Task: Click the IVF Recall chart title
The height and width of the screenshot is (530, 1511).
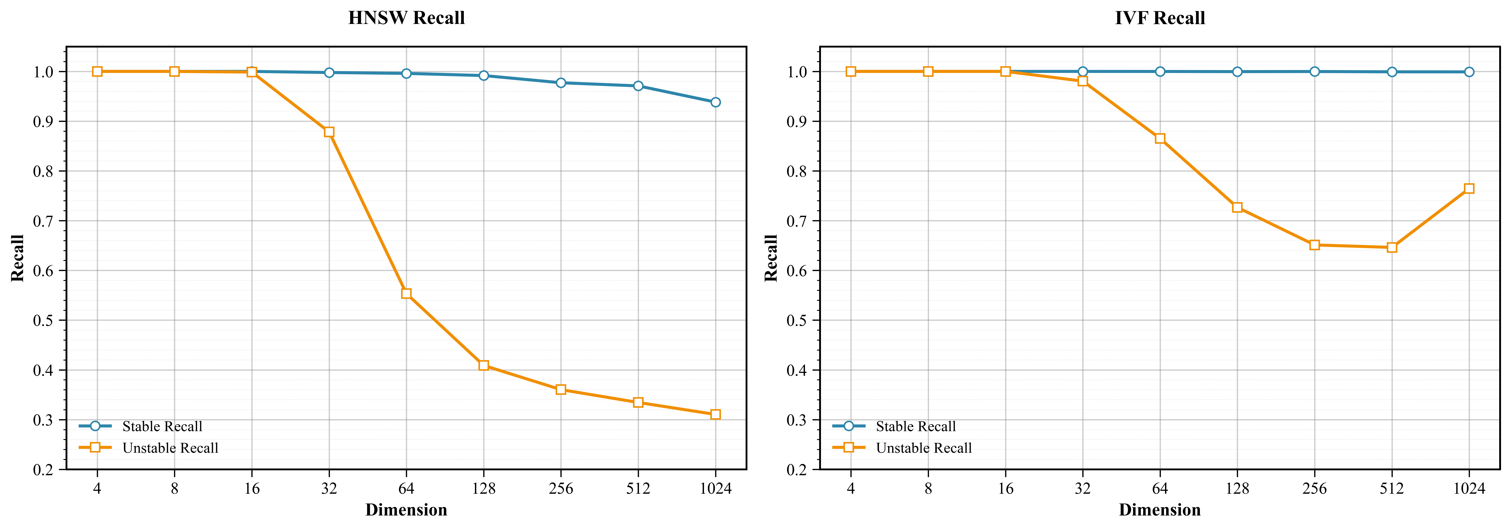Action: click(x=1160, y=18)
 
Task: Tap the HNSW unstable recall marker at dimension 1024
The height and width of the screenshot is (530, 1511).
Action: click(x=715, y=414)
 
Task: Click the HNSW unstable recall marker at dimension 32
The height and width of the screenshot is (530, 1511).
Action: click(x=329, y=132)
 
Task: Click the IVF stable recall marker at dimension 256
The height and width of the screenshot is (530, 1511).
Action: click(x=1315, y=71)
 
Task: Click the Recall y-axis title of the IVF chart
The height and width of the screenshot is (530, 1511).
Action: click(x=771, y=258)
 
